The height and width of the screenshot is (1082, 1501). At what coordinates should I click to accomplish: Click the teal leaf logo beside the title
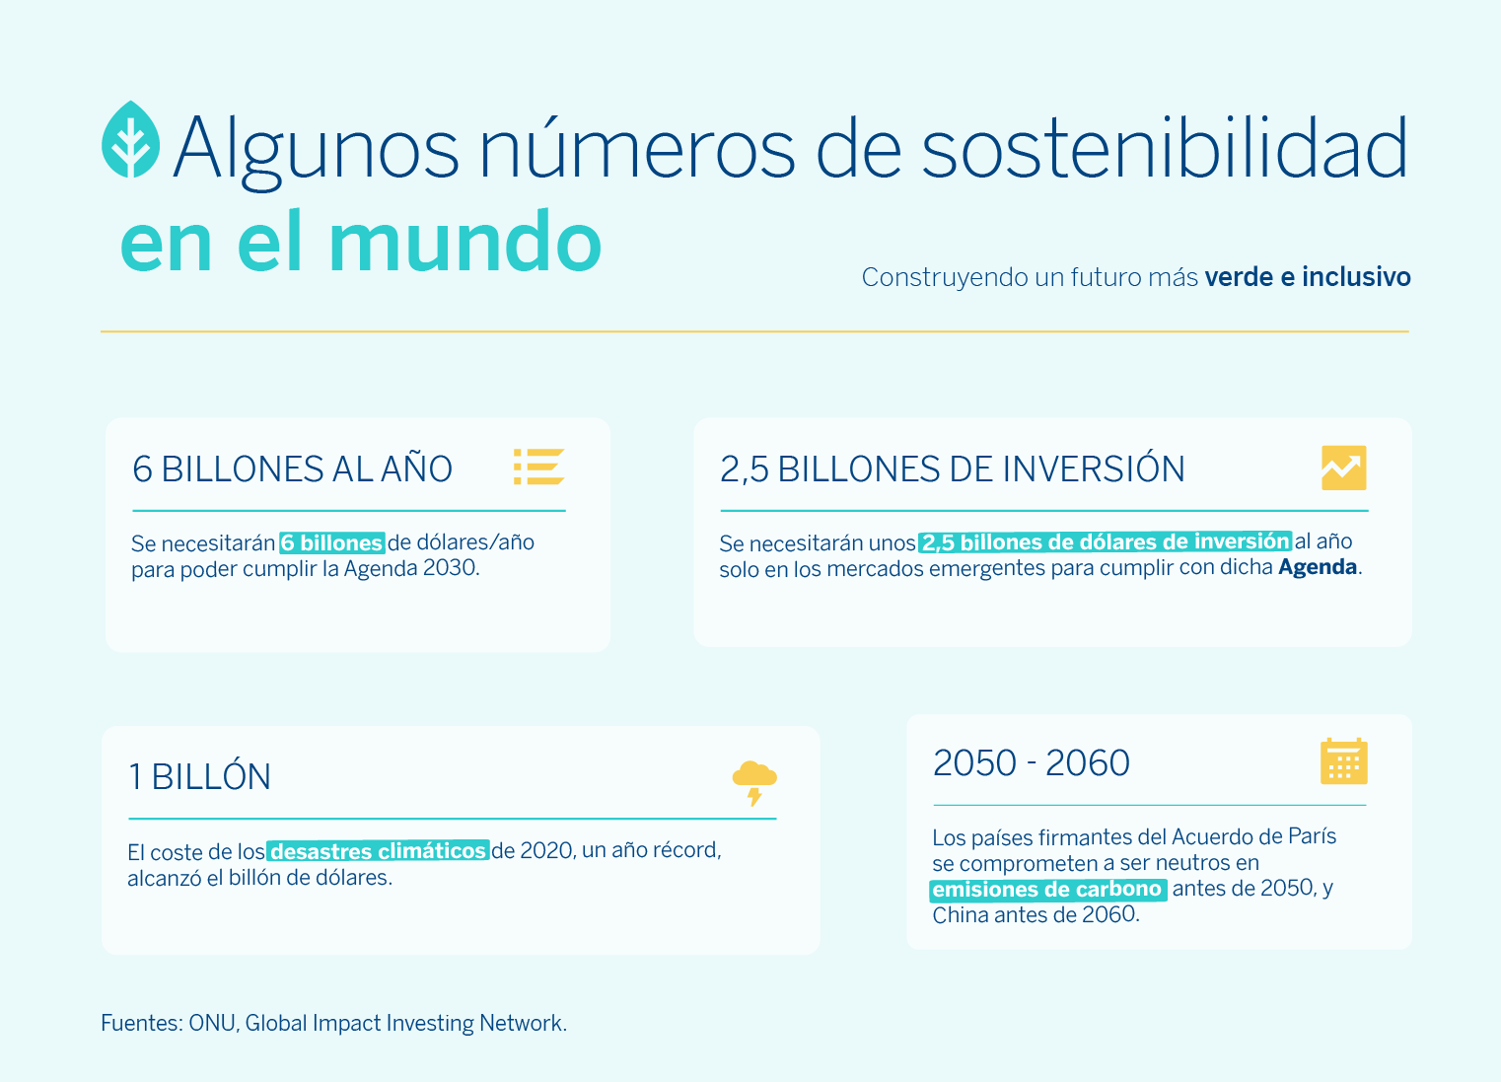click(x=130, y=139)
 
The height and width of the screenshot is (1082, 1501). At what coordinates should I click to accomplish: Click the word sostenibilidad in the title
click(x=1165, y=147)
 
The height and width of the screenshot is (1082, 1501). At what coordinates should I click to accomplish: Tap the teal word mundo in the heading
click(x=465, y=242)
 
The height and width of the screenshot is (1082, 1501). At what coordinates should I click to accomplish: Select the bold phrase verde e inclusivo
click(x=1308, y=277)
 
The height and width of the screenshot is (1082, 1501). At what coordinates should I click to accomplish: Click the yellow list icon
click(x=538, y=467)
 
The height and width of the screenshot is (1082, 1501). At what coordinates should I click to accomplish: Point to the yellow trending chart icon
click(x=1343, y=468)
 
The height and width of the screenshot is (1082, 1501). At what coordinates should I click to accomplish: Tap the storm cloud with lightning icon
click(x=754, y=782)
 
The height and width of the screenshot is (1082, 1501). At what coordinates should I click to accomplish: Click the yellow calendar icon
click(x=1343, y=761)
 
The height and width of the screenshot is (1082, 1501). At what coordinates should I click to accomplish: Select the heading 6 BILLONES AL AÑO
click(x=292, y=468)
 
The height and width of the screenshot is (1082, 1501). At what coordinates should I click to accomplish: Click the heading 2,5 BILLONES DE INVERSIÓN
click(x=953, y=468)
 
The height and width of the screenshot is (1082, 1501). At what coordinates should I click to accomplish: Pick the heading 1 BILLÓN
click(x=199, y=776)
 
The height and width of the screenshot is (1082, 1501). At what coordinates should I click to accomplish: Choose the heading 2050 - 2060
click(x=1031, y=762)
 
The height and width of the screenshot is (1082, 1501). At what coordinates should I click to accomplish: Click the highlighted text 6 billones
click(x=332, y=542)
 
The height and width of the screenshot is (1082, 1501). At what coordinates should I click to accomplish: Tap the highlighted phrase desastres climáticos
click(x=378, y=851)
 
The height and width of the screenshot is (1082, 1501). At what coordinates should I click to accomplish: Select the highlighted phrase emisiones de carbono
click(x=1048, y=889)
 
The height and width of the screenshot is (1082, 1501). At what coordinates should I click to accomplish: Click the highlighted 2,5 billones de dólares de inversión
click(x=1105, y=541)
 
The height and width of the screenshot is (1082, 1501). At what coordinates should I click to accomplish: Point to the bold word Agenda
click(x=1318, y=567)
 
